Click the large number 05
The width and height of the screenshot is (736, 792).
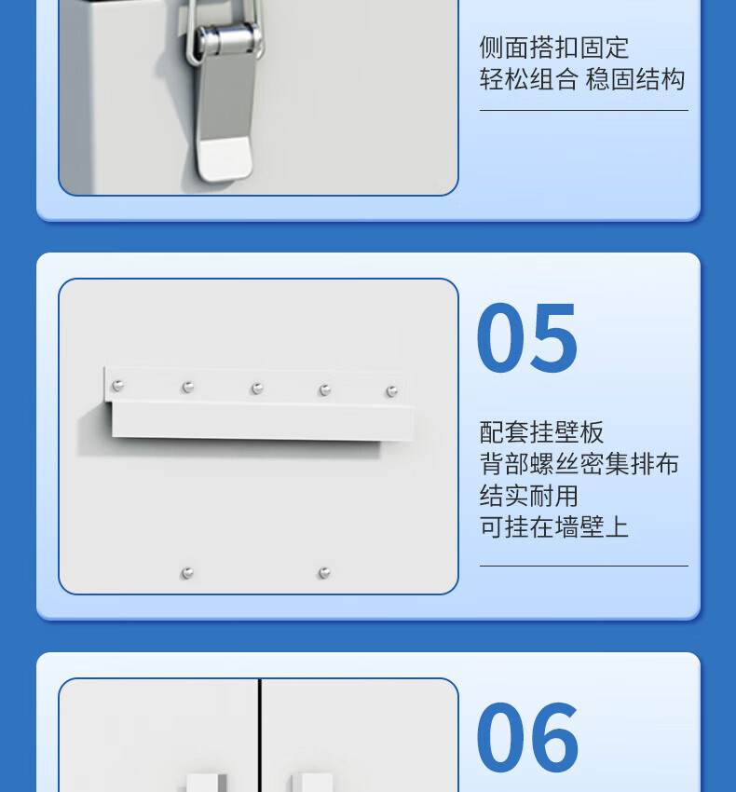(527, 337)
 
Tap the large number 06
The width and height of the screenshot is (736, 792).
(527, 737)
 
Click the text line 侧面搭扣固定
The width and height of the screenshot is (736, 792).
(553, 48)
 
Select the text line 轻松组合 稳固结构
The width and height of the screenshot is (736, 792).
(582, 79)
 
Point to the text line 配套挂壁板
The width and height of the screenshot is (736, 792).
(541, 432)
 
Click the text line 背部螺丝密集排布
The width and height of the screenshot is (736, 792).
(579, 464)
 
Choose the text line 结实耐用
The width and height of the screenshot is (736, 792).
(528, 496)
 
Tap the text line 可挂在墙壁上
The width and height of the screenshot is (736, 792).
(553, 526)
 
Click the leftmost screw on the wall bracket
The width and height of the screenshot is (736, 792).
(117, 386)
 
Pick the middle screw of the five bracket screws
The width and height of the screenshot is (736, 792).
(257, 389)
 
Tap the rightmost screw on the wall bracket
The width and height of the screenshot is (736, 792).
(391, 391)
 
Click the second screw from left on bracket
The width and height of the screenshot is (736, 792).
(188, 388)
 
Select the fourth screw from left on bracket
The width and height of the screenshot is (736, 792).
(325, 389)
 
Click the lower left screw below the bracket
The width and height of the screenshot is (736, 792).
(187, 573)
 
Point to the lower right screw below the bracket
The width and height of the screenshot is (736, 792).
(324, 573)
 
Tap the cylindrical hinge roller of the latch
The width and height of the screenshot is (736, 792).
(230, 39)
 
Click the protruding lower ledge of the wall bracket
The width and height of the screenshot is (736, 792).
(263, 421)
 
